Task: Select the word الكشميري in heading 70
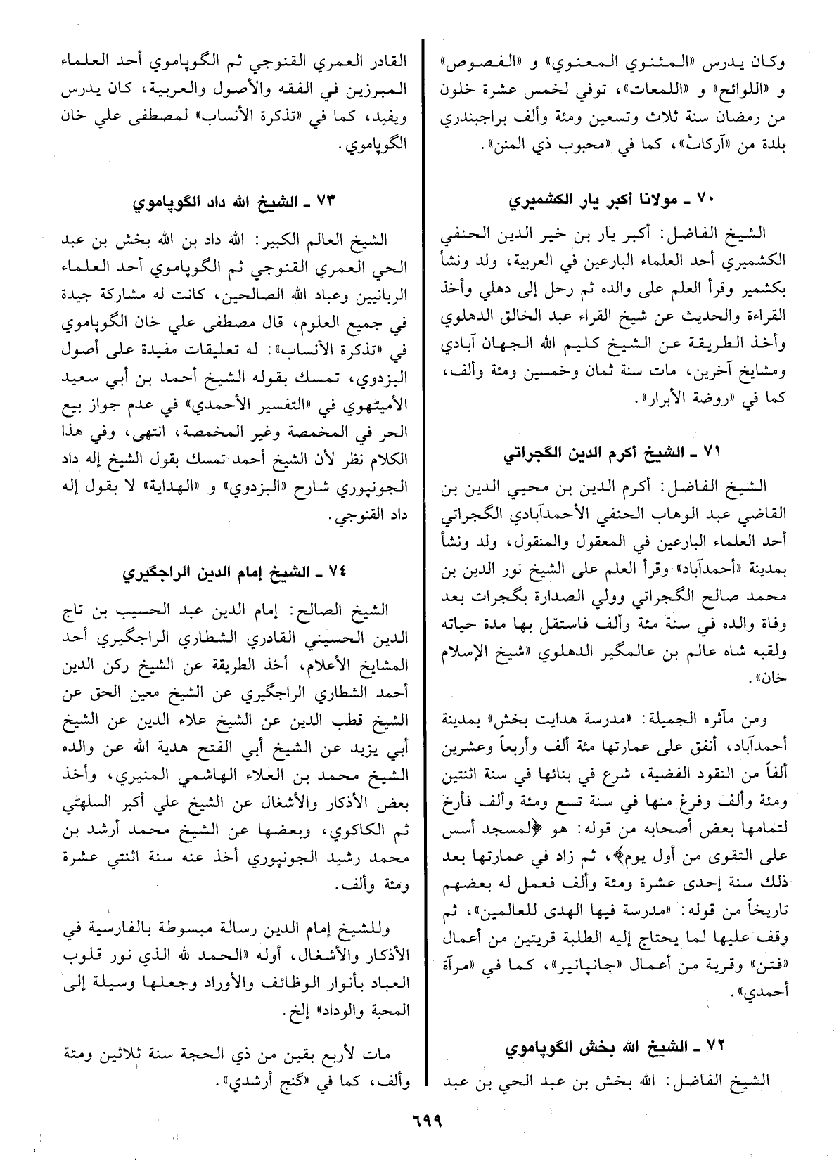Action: click(x=544, y=201)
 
